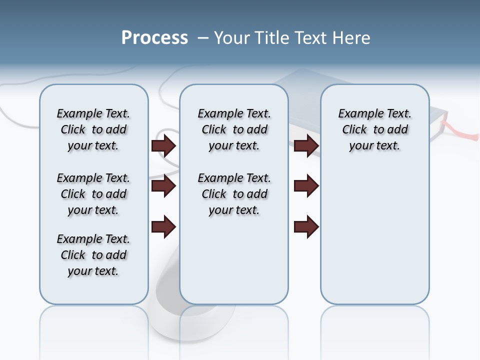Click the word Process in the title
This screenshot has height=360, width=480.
click(x=154, y=38)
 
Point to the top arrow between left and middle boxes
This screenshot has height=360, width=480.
click(x=163, y=146)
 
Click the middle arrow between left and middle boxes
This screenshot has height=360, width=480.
click(x=163, y=186)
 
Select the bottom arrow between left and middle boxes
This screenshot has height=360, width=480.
click(x=163, y=227)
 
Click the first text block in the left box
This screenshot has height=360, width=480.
click(x=93, y=129)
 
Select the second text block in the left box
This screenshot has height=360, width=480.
click(x=93, y=194)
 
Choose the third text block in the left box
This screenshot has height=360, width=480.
click(x=93, y=255)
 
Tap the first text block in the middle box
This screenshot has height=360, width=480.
click(x=234, y=129)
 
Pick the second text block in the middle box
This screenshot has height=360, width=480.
click(x=234, y=194)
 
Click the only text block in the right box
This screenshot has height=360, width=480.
click(x=374, y=129)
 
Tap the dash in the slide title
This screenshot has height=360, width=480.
click(x=203, y=38)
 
